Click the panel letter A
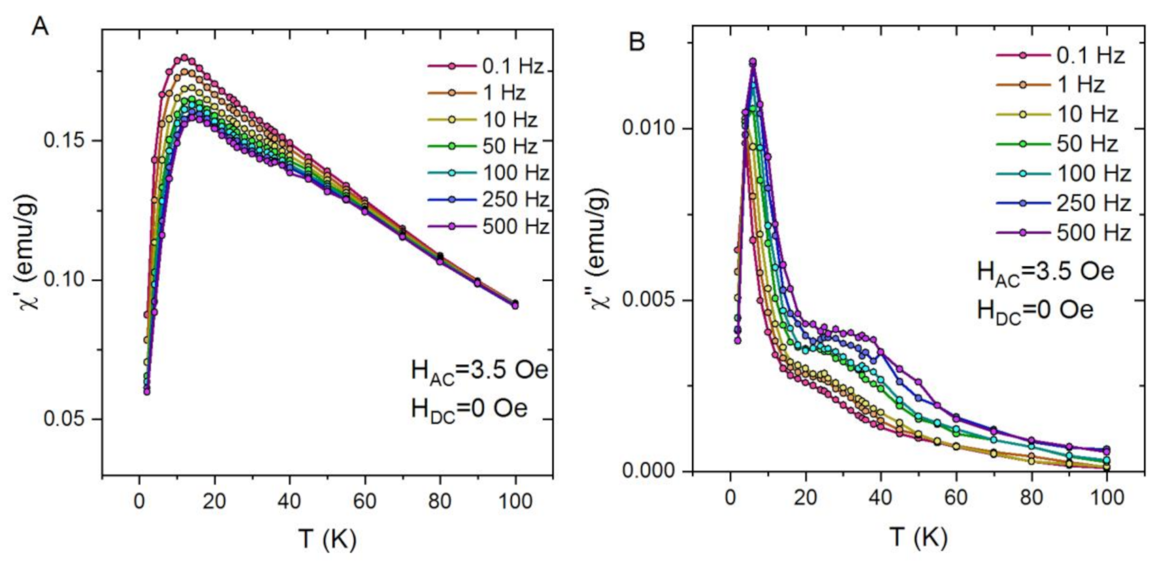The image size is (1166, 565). [40, 26]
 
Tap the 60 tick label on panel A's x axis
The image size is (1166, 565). [364, 501]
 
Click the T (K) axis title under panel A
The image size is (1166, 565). [327, 539]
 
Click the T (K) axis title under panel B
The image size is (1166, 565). [918, 537]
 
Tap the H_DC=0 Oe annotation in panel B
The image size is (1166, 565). [1035, 310]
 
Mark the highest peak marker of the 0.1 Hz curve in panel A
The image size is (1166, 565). [184, 57]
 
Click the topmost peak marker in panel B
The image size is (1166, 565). [753, 62]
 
